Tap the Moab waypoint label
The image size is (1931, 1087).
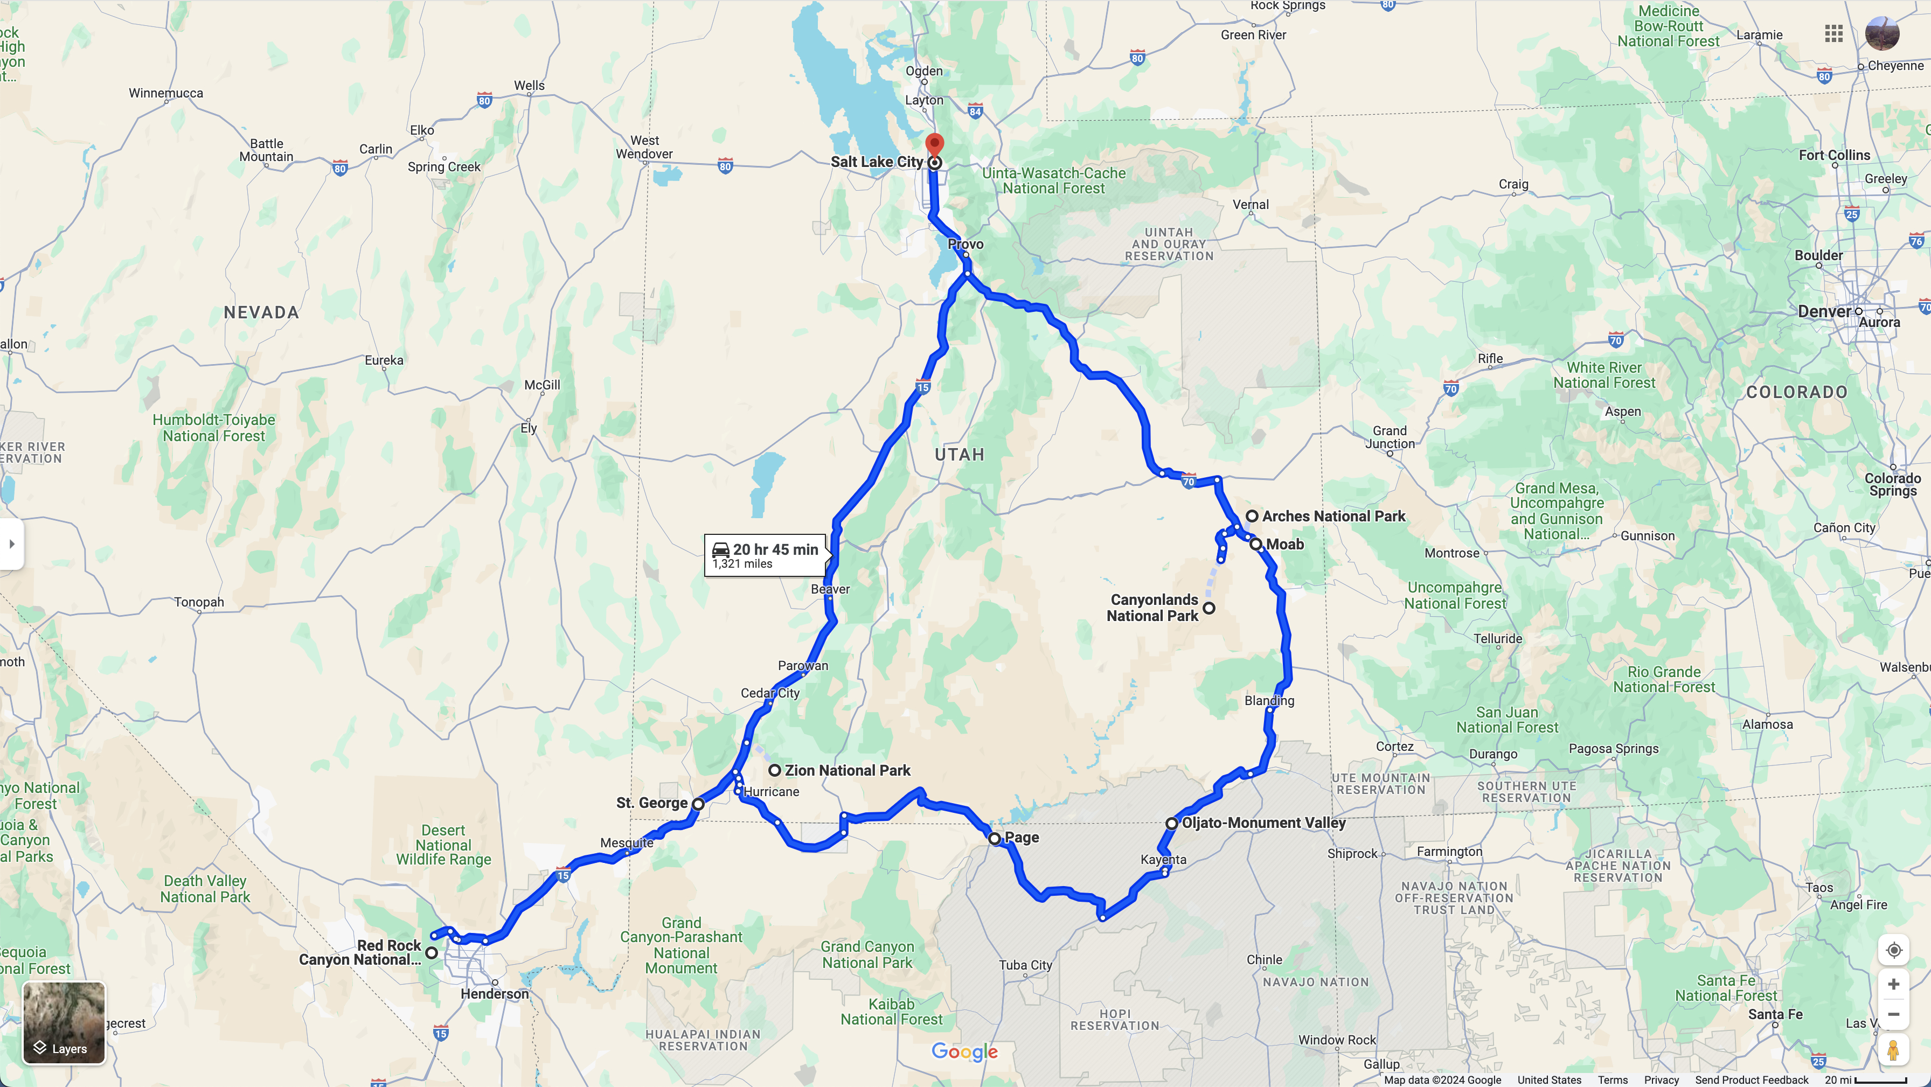coord(1285,544)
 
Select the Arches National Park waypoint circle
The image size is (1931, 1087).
coord(1252,516)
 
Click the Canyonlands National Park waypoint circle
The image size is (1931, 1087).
coord(1209,608)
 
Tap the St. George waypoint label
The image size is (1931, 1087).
coord(651,803)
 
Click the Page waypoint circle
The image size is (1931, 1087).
coord(995,839)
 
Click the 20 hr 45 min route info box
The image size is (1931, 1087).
coord(766,555)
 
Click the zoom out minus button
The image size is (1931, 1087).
coord(1893,1014)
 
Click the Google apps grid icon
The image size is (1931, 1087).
coord(1833,34)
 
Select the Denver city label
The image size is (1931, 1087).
coord(1824,311)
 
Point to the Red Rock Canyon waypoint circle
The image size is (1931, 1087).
coord(432,953)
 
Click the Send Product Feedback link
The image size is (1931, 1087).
coord(1752,1079)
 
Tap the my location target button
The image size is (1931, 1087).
coord(1893,951)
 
